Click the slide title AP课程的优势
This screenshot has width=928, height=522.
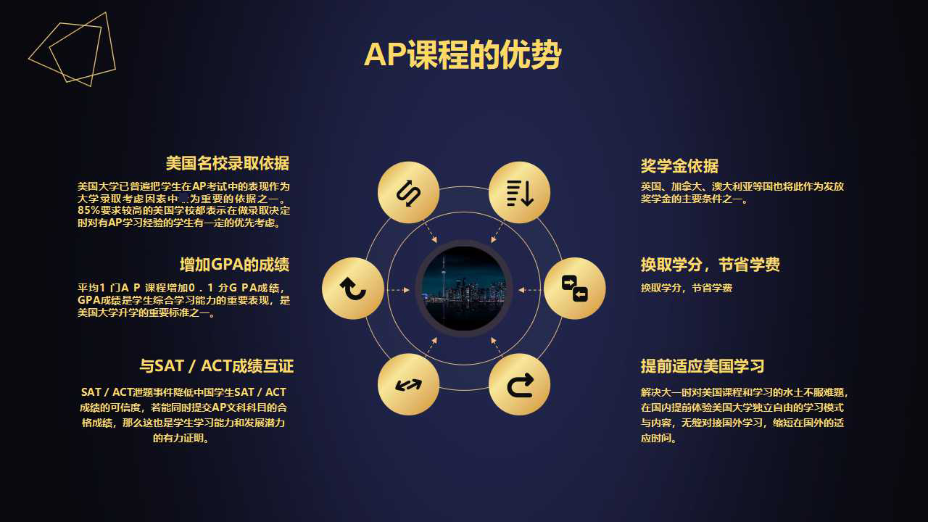(x=463, y=55)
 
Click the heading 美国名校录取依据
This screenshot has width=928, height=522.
(x=227, y=163)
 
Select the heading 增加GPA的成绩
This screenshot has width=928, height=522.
(x=234, y=264)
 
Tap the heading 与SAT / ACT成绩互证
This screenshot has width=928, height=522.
(x=216, y=365)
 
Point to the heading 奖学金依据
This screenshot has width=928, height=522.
(x=679, y=166)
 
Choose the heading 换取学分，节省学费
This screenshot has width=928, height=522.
(x=710, y=265)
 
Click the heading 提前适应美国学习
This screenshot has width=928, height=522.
(x=703, y=366)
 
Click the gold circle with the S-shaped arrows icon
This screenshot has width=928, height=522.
(x=409, y=193)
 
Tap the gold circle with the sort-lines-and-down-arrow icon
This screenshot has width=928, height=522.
(x=520, y=193)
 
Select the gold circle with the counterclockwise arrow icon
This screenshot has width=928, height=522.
(x=353, y=289)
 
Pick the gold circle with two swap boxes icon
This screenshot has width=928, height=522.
(x=575, y=289)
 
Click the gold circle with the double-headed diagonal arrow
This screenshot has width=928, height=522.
(x=409, y=384)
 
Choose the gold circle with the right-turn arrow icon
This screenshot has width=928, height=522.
(x=520, y=384)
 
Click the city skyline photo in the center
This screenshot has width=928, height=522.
(x=464, y=288)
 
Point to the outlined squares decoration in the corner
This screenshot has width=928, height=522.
(x=72, y=49)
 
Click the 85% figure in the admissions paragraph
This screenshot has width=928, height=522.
(x=90, y=210)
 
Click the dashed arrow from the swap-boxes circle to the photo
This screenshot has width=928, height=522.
(x=530, y=290)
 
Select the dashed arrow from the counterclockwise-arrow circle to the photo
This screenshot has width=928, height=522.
(x=398, y=290)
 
